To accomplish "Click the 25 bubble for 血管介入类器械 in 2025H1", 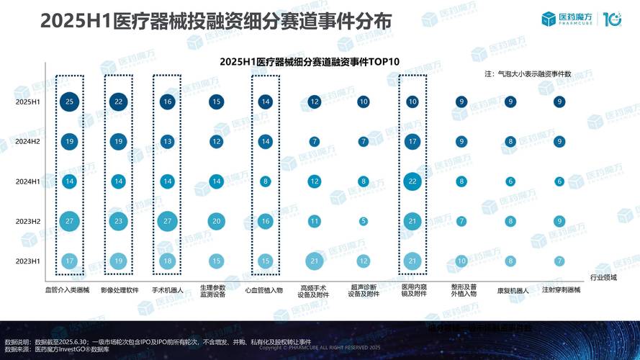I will pyautogui.click(x=69, y=102).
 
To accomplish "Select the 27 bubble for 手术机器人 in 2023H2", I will pyautogui.click(x=167, y=221).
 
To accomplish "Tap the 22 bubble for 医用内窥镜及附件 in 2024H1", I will pyautogui.click(x=413, y=181).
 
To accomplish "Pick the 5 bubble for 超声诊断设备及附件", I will pyautogui.click(x=364, y=221).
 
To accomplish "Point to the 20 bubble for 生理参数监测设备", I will pyautogui.click(x=216, y=221).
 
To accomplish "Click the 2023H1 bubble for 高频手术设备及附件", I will pyautogui.click(x=315, y=261).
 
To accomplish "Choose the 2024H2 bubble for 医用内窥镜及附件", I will pyautogui.click(x=413, y=142).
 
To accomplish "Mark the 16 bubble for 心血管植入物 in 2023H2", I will pyautogui.click(x=266, y=221).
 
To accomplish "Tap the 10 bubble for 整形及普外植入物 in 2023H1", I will pyautogui.click(x=461, y=261).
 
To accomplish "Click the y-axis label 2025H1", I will pyautogui.click(x=28, y=102).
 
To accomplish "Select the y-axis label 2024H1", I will pyautogui.click(x=28, y=181).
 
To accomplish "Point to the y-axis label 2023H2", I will pyautogui.click(x=28, y=221).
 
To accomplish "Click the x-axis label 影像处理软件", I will pyautogui.click(x=118, y=290).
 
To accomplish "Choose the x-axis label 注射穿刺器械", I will pyautogui.click(x=559, y=290).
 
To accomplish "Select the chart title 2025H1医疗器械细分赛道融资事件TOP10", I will pyautogui.click(x=310, y=62).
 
